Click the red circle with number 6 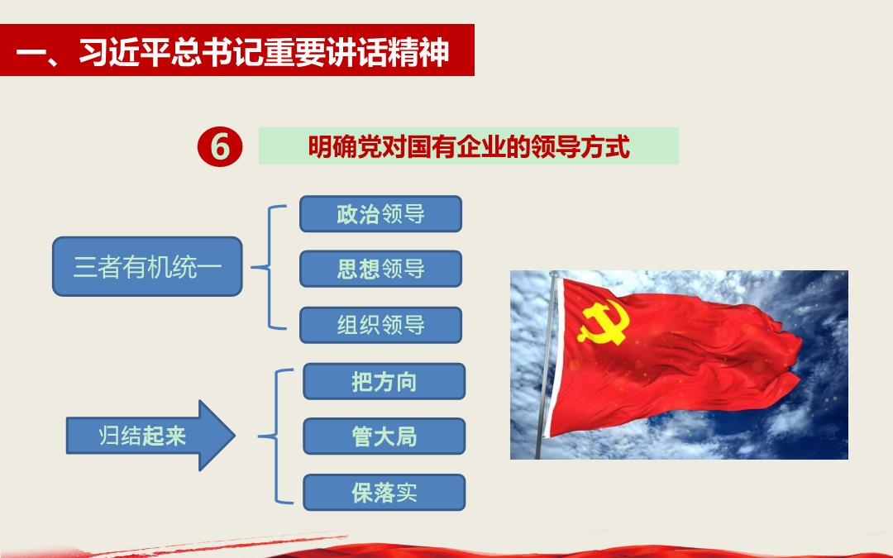(220, 146)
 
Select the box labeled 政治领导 (380, 214)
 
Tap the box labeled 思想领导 (380, 269)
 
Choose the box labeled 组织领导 (380, 325)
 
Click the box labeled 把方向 (384, 381)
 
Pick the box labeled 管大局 (384, 436)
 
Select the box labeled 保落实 (384, 493)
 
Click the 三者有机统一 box (147, 266)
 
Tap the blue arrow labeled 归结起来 (151, 436)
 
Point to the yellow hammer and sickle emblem (604, 322)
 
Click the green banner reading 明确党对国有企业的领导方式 (469, 146)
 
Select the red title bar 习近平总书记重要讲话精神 (237, 50)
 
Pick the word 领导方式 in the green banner (580, 147)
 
